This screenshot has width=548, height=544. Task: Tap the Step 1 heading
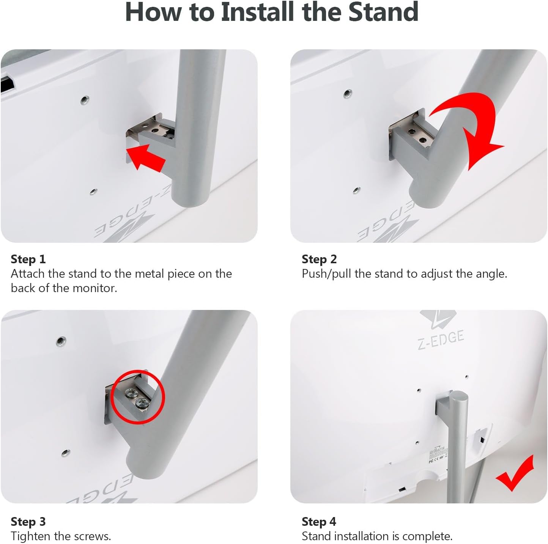point(28,259)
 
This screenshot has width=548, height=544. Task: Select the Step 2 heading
point(319,259)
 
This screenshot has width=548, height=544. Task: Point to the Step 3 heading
point(28,522)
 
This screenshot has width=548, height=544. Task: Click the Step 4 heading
point(319,522)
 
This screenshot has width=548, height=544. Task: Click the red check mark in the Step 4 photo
point(515,474)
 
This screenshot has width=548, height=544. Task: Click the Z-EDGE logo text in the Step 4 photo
point(441,340)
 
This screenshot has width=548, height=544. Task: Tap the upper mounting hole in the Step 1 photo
point(85,100)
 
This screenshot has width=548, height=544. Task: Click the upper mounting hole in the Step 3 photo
point(61,341)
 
